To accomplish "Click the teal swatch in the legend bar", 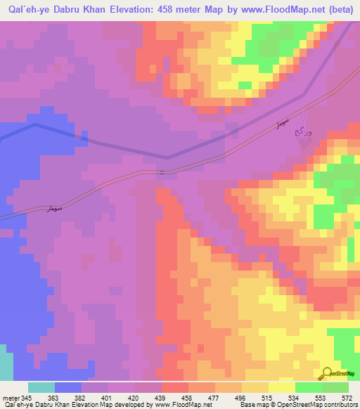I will tap(41, 387).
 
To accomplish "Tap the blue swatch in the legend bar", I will tap(68, 387).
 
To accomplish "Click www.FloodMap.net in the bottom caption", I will tap(184, 405).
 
